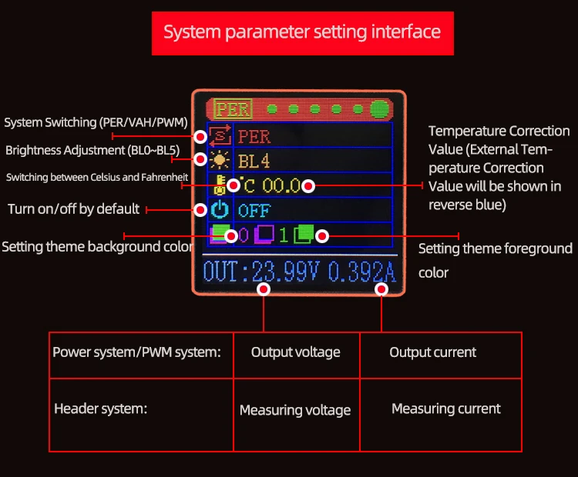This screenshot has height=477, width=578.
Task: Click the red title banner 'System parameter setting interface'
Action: [303, 34]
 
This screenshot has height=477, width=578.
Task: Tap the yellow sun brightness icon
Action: [220, 161]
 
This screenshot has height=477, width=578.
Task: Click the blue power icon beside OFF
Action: [220, 210]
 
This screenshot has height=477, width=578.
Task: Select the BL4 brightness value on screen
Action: [254, 162]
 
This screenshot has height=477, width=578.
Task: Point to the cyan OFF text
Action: [254, 211]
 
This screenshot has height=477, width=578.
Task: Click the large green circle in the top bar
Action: [379, 109]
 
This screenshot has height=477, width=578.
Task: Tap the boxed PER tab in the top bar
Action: [233, 109]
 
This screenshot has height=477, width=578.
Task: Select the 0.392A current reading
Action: [362, 272]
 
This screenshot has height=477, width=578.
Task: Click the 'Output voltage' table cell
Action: [296, 352]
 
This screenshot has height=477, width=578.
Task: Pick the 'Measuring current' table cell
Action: [446, 409]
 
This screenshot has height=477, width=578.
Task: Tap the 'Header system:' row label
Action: [101, 409]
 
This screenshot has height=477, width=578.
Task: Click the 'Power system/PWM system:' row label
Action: [136, 352]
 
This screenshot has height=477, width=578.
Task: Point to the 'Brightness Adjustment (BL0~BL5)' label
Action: [92, 151]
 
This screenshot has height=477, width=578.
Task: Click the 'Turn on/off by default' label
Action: [74, 209]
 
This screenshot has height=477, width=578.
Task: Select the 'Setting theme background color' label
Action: [97, 247]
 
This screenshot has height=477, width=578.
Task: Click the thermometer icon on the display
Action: [220, 185]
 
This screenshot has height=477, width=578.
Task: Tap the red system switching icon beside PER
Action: [220, 136]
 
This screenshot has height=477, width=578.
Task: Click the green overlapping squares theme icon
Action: [304, 235]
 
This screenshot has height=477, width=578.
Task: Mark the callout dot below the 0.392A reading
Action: [381, 289]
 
